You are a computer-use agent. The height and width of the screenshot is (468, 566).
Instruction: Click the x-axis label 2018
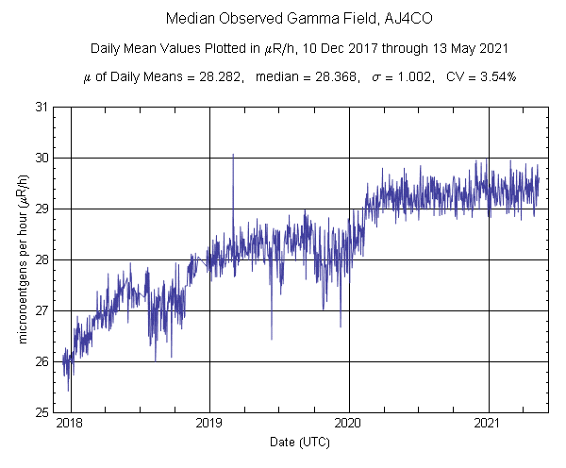pos(70,426)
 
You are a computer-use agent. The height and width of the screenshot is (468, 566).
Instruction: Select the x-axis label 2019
pos(209,426)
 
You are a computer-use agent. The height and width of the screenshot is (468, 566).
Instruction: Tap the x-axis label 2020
pos(349,426)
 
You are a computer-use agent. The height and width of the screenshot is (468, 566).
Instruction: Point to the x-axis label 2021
pos(489,426)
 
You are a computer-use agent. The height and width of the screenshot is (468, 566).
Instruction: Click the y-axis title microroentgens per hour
pos(22,259)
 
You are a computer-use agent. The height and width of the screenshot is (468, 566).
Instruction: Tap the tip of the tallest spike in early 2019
pos(233,154)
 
